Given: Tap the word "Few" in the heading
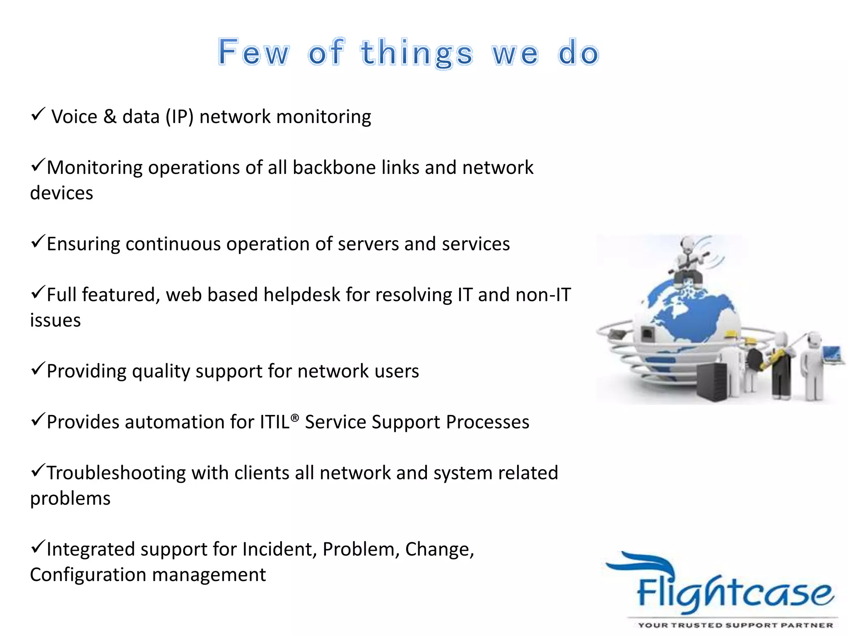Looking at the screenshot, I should coord(253,53).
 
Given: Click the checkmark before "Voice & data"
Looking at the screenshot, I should coord(38,114).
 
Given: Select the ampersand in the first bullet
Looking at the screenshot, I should coord(110,117).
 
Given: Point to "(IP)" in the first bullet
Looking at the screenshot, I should coord(179,117).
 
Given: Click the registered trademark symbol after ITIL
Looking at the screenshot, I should coord(294,417).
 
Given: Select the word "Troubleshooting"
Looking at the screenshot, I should coord(116,473).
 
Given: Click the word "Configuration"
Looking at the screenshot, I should coord(91,575).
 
